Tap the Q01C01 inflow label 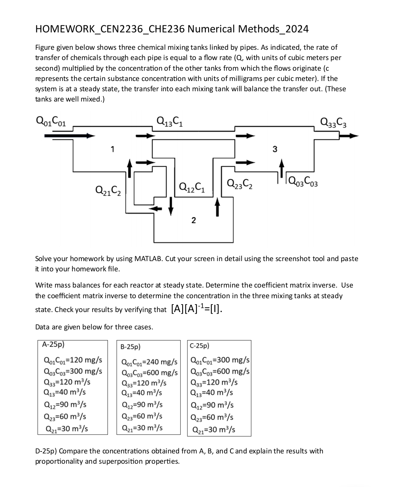51,120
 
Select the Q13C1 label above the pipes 170,120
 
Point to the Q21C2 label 108,190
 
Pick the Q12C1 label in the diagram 192,186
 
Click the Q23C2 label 240,184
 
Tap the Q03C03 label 304,182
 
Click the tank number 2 193,220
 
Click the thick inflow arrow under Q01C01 70,135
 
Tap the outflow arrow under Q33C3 349,135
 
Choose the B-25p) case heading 130,347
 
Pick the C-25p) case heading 200,346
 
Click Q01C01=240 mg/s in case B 149,362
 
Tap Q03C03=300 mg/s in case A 73,371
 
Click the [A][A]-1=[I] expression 197,308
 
